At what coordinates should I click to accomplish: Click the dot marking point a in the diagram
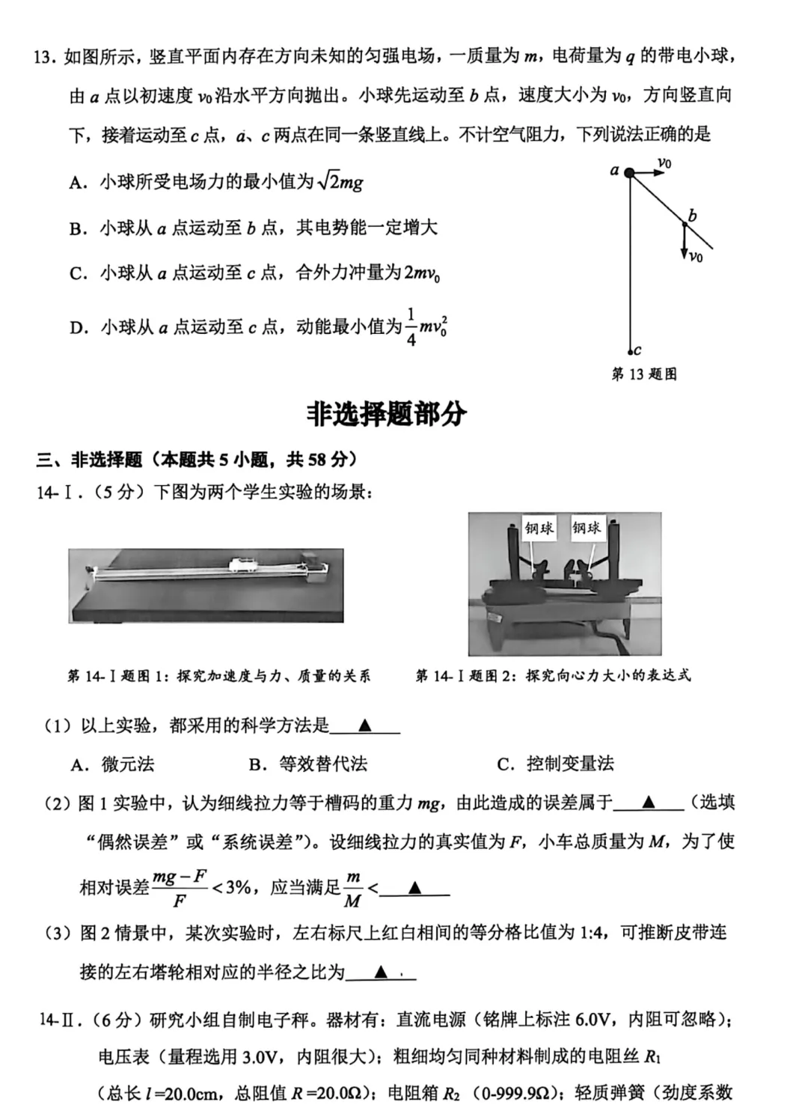[629, 173]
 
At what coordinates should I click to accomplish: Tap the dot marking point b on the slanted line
[684, 223]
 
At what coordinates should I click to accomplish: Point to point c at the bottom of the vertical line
[631, 350]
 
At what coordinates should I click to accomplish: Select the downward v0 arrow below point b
[684, 243]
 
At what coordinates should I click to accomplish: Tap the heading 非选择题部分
[387, 414]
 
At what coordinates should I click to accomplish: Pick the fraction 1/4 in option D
[411, 327]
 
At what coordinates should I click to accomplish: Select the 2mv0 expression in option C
[422, 274]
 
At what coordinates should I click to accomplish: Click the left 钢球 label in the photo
[539, 528]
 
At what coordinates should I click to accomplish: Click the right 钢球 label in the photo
[587, 528]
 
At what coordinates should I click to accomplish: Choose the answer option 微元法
[127, 764]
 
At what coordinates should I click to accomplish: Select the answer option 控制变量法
[569, 764]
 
